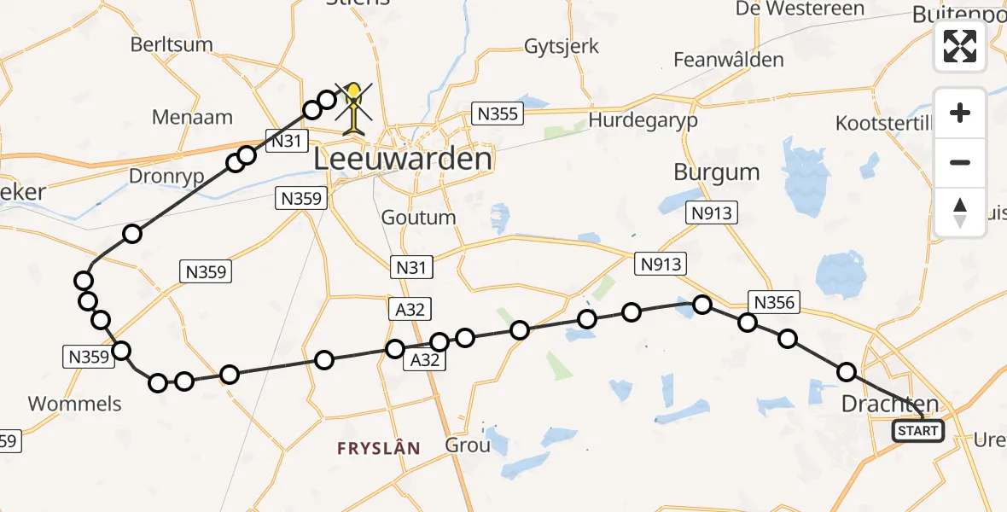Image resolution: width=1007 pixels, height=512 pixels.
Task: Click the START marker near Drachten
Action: click(x=917, y=431)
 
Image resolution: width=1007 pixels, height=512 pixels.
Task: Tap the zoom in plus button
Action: click(x=960, y=113)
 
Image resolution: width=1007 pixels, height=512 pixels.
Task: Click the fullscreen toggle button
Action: click(x=960, y=46)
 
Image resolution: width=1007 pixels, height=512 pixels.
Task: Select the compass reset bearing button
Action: click(x=960, y=212)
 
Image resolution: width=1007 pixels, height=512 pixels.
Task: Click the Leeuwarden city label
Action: click(x=403, y=159)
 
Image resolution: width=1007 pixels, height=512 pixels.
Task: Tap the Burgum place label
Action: click(x=716, y=172)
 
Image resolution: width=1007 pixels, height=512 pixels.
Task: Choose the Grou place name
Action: click(x=468, y=445)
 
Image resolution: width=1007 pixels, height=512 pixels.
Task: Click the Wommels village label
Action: click(x=75, y=403)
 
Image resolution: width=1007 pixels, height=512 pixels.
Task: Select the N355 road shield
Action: click(x=497, y=113)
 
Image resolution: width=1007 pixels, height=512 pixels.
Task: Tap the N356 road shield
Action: click(x=774, y=301)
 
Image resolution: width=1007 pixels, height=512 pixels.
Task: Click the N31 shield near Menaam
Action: click(x=286, y=141)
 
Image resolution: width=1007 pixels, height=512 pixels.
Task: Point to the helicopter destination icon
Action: click(x=352, y=108)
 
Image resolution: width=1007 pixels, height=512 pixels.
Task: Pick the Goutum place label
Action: click(x=418, y=217)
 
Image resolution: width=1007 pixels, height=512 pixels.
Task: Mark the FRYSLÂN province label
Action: click(x=378, y=448)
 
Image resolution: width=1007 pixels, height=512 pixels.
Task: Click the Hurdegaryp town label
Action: click(x=643, y=120)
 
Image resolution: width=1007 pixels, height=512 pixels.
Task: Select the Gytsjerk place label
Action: click(x=562, y=46)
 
